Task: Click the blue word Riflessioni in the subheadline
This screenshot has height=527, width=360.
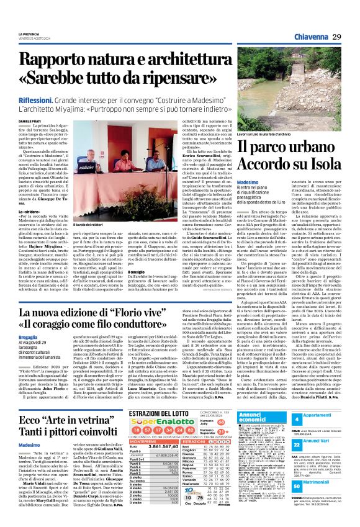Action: pos(38,99)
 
